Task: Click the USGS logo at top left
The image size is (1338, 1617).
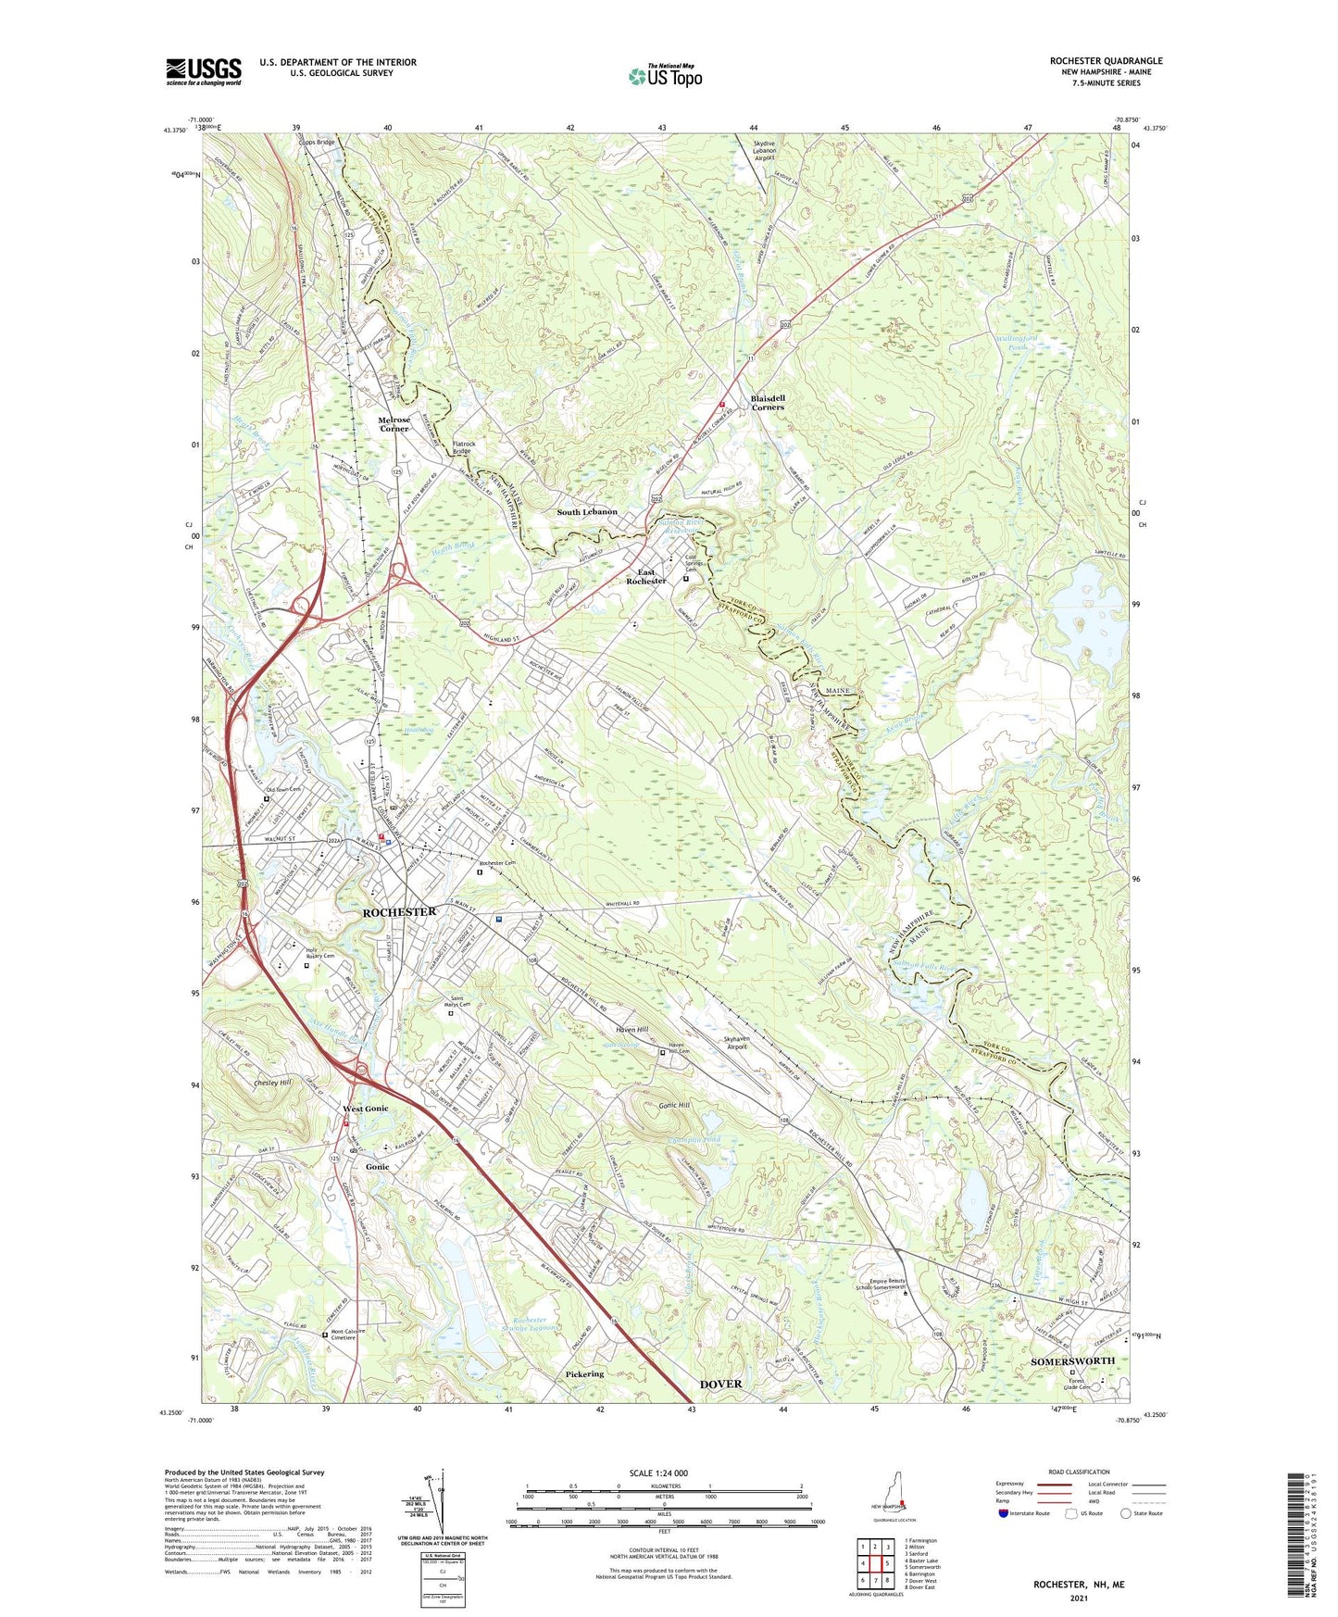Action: click(x=203, y=71)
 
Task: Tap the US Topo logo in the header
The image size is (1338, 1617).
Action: click(x=665, y=76)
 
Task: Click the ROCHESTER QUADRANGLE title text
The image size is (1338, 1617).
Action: click(x=1106, y=61)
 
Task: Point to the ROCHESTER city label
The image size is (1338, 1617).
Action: click(x=399, y=912)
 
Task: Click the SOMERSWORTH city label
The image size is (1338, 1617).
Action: click(x=1072, y=1360)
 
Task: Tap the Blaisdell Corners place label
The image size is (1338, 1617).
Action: click(x=768, y=403)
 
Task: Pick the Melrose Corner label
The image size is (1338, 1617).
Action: click(x=394, y=424)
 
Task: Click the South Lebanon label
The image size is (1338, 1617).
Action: click(x=586, y=512)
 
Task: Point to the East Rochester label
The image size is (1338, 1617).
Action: click(x=646, y=576)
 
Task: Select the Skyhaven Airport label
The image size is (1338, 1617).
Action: click(x=747, y=1043)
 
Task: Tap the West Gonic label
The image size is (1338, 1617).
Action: click(x=366, y=1109)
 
